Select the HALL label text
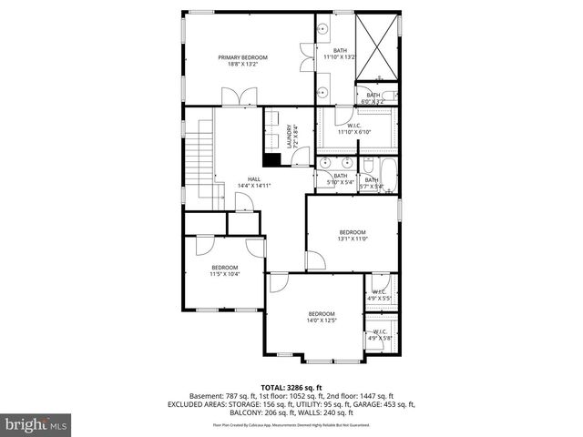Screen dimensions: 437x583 click(254, 179)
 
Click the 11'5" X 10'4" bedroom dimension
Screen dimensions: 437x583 click(224, 270)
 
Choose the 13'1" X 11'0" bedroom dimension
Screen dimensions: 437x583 click(352, 239)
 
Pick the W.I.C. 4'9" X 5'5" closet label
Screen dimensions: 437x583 click(379, 295)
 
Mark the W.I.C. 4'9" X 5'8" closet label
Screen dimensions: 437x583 click(379, 334)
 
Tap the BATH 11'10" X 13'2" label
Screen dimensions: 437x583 click(340, 54)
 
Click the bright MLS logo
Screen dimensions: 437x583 click(36, 424)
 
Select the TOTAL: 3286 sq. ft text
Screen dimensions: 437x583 click(291, 387)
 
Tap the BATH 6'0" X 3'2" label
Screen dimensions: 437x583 click(373, 97)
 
